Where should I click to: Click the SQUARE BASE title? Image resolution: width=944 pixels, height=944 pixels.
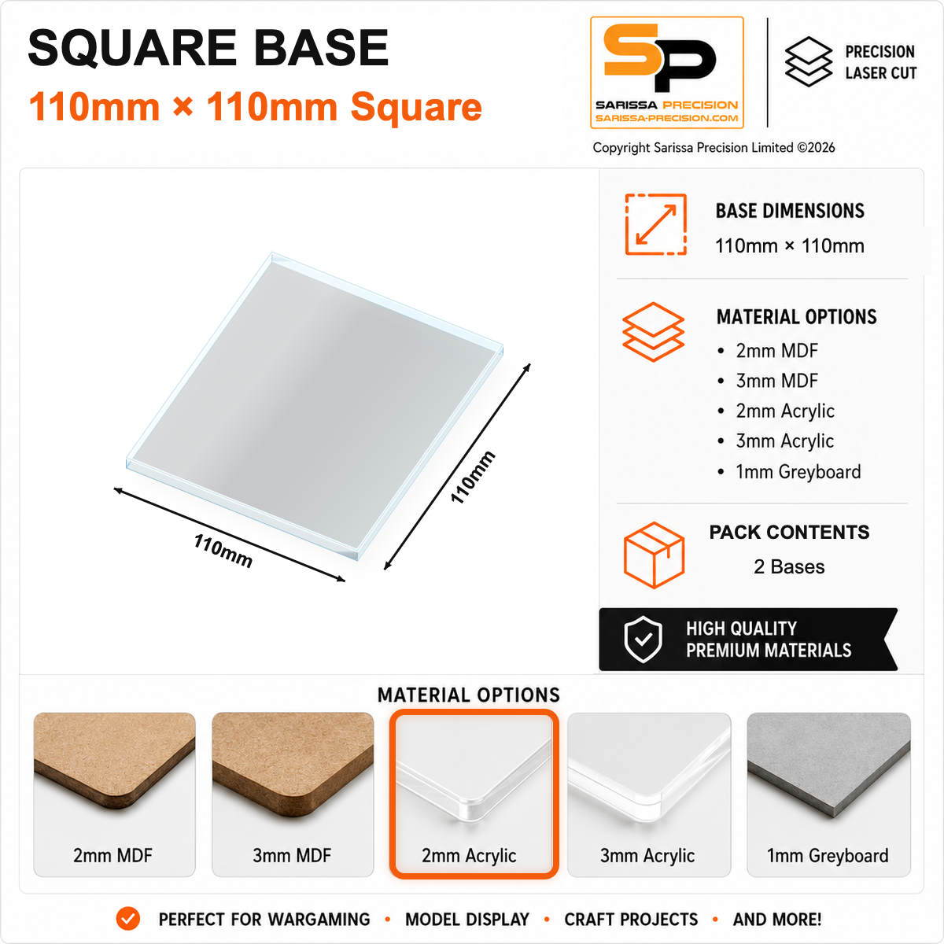pyautogui.click(x=208, y=48)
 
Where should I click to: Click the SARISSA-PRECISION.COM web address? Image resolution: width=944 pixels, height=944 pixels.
pyautogui.click(x=667, y=118)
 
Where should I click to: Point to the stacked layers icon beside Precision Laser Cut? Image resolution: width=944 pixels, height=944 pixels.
pyautogui.click(x=809, y=61)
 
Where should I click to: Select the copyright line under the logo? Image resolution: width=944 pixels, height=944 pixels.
pyautogui.click(x=714, y=147)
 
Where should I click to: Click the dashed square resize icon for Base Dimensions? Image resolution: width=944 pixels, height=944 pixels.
pyautogui.click(x=655, y=224)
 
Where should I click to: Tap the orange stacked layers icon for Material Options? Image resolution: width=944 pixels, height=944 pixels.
pyautogui.click(x=653, y=332)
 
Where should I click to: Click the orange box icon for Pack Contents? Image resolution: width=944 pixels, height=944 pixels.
pyautogui.click(x=654, y=555)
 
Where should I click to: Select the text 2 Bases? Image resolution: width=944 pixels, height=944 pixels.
pyautogui.click(x=789, y=566)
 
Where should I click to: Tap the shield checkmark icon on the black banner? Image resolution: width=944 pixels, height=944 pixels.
pyautogui.click(x=643, y=640)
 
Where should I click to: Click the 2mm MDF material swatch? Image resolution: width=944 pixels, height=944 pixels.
pyautogui.click(x=114, y=795)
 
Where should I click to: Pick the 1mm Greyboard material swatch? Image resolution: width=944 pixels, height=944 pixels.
pyautogui.click(x=828, y=795)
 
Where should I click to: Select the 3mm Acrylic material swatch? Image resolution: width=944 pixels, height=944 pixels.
pyautogui.click(x=649, y=795)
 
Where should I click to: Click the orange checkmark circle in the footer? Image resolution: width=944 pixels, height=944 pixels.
pyautogui.click(x=128, y=919)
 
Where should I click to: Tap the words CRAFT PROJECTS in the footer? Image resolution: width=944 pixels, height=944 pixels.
pyautogui.click(x=631, y=919)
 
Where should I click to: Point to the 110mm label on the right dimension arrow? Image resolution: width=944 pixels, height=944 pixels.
pyautogui.click(x=473, y=478)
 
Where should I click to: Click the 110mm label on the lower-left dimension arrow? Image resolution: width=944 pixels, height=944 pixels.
pyautogui.click(x=223, y=551)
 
